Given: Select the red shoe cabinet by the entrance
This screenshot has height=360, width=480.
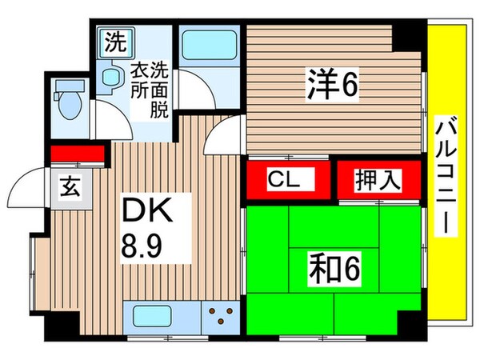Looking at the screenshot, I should tap(78, 152).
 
